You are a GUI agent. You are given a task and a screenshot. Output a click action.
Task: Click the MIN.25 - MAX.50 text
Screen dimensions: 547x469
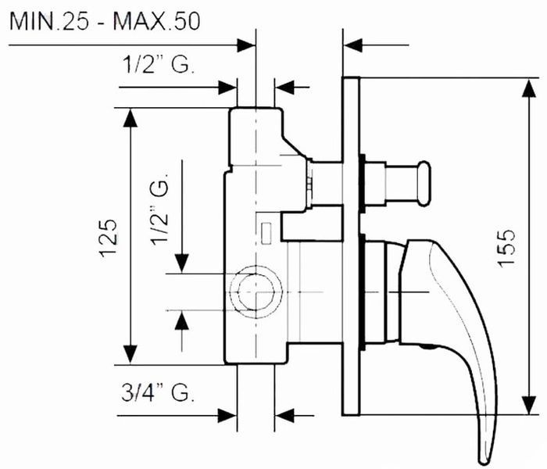point(105,21)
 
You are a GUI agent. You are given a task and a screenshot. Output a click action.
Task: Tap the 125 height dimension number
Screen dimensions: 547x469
point(108,238)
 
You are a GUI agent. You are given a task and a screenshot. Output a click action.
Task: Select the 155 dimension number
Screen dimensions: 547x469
point(506,248)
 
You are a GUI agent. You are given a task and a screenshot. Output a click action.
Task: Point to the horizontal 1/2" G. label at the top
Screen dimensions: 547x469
point(158,64)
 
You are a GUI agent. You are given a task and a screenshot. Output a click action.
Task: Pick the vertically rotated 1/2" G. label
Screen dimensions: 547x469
point(159,208)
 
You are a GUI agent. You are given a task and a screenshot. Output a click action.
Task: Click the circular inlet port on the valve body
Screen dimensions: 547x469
point(256,292)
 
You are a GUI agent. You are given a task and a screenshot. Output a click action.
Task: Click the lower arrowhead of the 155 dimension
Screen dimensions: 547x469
point(529,405)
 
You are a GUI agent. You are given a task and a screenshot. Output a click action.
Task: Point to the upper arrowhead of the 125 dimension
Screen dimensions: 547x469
point(130,118)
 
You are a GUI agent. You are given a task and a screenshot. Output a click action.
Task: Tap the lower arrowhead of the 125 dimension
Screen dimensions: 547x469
point(130,355)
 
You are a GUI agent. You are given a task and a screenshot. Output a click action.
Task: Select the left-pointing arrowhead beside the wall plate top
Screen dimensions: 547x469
point(353,45)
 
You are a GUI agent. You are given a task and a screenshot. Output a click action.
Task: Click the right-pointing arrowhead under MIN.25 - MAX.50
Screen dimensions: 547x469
point(246,45)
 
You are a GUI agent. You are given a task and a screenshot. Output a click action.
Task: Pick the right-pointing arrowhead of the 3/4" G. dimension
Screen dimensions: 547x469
point(227,416)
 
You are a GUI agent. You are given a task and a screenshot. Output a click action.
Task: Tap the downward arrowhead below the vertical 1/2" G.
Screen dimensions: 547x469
point(182,263)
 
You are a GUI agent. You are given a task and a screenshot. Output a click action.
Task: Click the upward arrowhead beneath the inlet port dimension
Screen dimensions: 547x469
point(182,320)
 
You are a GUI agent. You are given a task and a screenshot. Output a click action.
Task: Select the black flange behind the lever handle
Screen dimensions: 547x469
point(362,292)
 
